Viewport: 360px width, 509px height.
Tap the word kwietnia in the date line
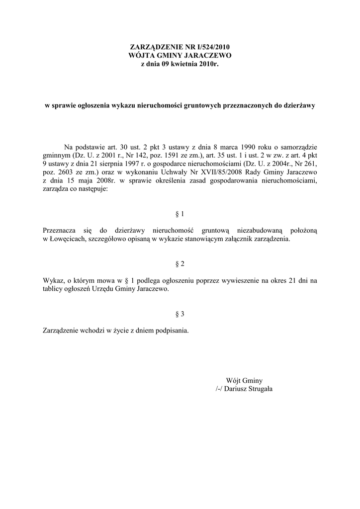[x=183, y=64]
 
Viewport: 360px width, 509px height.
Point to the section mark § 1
[x=180, y=214]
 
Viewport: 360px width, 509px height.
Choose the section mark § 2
[x=180, y=264]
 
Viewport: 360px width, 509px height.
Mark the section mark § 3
[x=180, y=314]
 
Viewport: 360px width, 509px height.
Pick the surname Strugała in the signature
[x=257, y=389]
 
